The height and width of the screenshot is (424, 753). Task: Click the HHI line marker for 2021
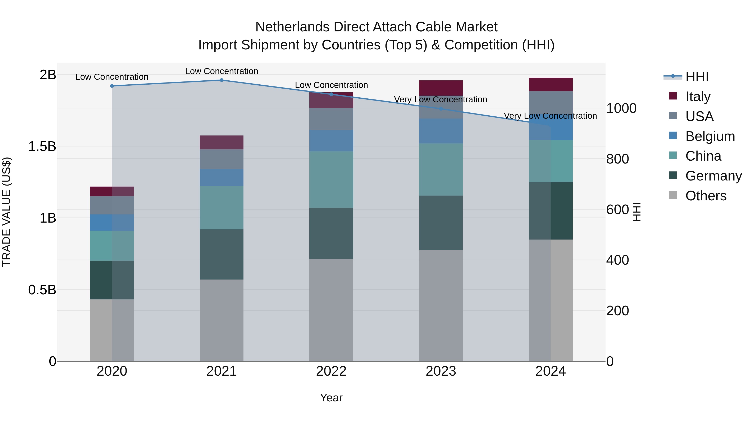click(x=222, y=80)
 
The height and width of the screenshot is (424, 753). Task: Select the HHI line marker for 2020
click(x=112, y=86)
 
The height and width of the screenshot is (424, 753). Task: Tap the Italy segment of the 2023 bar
click(x=441, y=88)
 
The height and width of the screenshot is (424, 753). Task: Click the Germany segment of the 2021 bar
click(x=222, y=254)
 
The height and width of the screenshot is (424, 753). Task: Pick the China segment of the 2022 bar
click(x=331, y=179)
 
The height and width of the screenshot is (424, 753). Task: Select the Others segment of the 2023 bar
click(x=441, y=305)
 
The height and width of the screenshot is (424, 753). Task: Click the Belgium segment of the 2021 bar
click(x=222, y=177)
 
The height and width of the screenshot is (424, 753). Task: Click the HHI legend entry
click(x=697, y=77)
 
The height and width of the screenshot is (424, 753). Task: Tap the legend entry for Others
click(x=706, y=196)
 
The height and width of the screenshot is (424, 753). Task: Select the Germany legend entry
click(x=713, y=176)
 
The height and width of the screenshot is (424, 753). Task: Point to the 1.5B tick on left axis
click(x=42, y=146)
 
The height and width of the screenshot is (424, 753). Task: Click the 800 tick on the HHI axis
click(x=617, y=159)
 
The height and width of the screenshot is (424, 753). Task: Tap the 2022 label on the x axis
click(x=331, y=371)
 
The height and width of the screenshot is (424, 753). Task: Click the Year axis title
click(x=331, y=398)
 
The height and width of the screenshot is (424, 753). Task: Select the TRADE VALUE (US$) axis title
click(x=6, y=212)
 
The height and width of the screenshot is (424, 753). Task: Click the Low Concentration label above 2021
click(x=222, y=71)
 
